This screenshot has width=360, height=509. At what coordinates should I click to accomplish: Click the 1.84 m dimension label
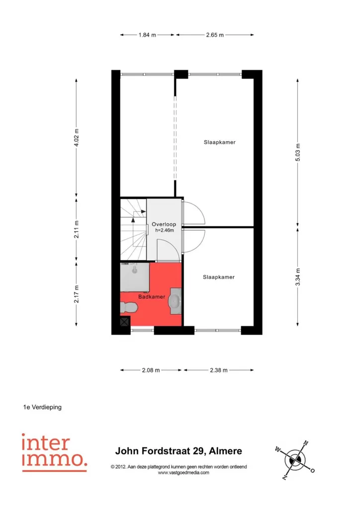click(x=147, y=35)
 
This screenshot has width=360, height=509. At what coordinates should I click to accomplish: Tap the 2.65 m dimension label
click(x=215, y=35)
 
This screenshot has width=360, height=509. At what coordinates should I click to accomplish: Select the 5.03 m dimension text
click(x=298, y=152)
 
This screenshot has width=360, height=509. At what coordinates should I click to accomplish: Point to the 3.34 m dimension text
click(x=298, y=277)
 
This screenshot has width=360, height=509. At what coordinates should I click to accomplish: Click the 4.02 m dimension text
click(x=76, y=138)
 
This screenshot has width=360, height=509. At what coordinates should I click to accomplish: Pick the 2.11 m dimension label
click(x=76, y=229)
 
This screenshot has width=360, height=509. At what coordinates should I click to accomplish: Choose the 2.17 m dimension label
click(x=76, y=294)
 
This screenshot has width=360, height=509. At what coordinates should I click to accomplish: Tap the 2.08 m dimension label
click(x=151, y=370)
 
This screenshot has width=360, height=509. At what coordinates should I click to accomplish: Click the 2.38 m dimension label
click(x=219, y=370)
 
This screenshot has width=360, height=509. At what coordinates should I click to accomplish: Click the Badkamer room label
click(x=152, y=297)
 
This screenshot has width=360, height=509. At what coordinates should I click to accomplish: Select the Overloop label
click(x=164, y=224)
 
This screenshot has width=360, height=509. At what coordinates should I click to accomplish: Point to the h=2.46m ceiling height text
click(x=164, y=230)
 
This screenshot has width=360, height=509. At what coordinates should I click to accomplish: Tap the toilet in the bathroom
click(x=129, y=307)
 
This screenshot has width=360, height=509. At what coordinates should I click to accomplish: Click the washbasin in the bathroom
click(x=175, y=301)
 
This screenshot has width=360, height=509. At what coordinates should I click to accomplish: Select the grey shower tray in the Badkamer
click(x=135, y=277)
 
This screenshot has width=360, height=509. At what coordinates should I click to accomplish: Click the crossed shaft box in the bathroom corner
click(x=125, y=322)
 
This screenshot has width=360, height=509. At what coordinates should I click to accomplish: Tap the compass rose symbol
click(x=295, y=460)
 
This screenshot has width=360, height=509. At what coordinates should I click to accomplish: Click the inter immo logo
click(x=55, y=452)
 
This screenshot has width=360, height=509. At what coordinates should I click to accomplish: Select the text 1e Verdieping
click(x=42, y=407)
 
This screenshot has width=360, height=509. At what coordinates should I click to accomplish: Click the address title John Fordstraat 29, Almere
click(x=179, y=451)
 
